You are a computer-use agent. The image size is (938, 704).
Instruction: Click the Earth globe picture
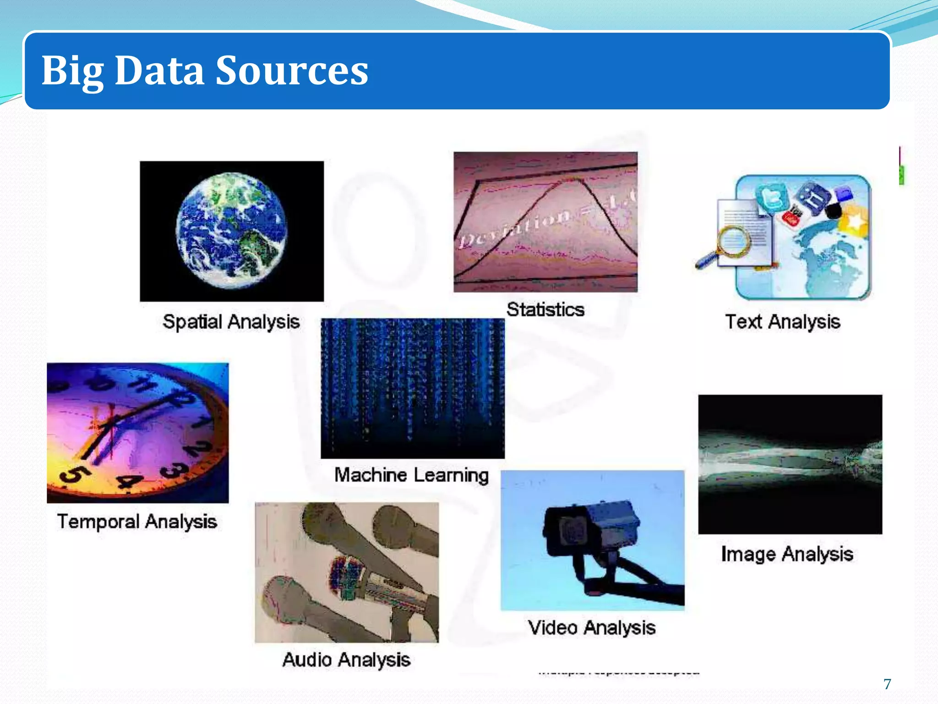(x=231, y=231)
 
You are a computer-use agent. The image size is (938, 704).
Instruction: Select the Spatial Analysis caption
(x=231, y=322)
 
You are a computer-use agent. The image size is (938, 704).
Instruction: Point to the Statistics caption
(x=545, y=310)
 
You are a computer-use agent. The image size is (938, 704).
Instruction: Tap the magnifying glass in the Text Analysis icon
(x=733, y=241)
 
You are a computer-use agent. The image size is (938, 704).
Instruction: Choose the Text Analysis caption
(x=783, y=322)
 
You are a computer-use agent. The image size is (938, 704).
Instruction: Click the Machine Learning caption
(x=412, y=475)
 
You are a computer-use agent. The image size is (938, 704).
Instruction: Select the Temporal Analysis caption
(x=137, y=522)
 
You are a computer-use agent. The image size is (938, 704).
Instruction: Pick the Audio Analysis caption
(x=346, y=660)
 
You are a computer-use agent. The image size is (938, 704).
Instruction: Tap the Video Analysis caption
(x=592, y=628)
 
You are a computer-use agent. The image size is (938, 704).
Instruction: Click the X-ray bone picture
(x=790, y=464)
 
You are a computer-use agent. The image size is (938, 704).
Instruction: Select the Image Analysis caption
(x=787, y=554)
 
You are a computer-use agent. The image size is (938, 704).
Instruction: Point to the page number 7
(x=887, y=684)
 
